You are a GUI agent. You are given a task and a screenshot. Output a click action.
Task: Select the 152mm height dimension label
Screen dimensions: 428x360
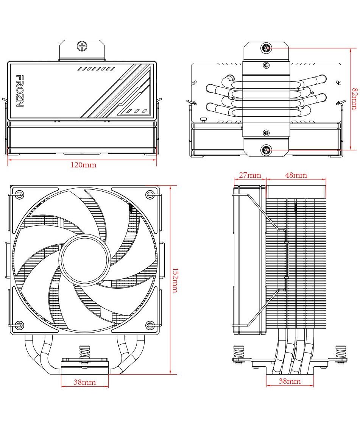coord(175,281)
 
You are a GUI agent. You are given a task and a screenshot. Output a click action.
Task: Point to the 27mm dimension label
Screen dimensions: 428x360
coord(250,175)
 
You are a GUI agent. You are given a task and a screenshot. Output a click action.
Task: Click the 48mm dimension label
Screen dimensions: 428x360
coord(296,175)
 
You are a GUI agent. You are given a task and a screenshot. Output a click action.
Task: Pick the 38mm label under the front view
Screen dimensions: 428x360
coord(84,383)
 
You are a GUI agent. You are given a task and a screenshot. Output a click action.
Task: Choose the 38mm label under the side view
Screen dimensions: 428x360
coord(290,381)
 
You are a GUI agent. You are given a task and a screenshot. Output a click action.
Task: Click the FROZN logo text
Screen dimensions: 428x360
coord(19,91)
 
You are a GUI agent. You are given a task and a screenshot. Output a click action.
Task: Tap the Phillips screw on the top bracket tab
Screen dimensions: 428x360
coord(82,47)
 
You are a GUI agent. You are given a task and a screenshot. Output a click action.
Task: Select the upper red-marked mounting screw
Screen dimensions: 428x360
coord(266,48)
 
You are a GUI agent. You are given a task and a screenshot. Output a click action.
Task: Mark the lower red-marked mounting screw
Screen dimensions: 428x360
coord(266,150)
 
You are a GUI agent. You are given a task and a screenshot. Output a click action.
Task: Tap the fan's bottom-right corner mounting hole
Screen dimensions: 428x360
coord(150,325)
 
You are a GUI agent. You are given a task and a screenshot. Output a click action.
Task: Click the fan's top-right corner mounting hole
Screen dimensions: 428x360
coord(150,195)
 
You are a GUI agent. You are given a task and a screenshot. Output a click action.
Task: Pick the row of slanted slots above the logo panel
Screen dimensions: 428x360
coord(96,69)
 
